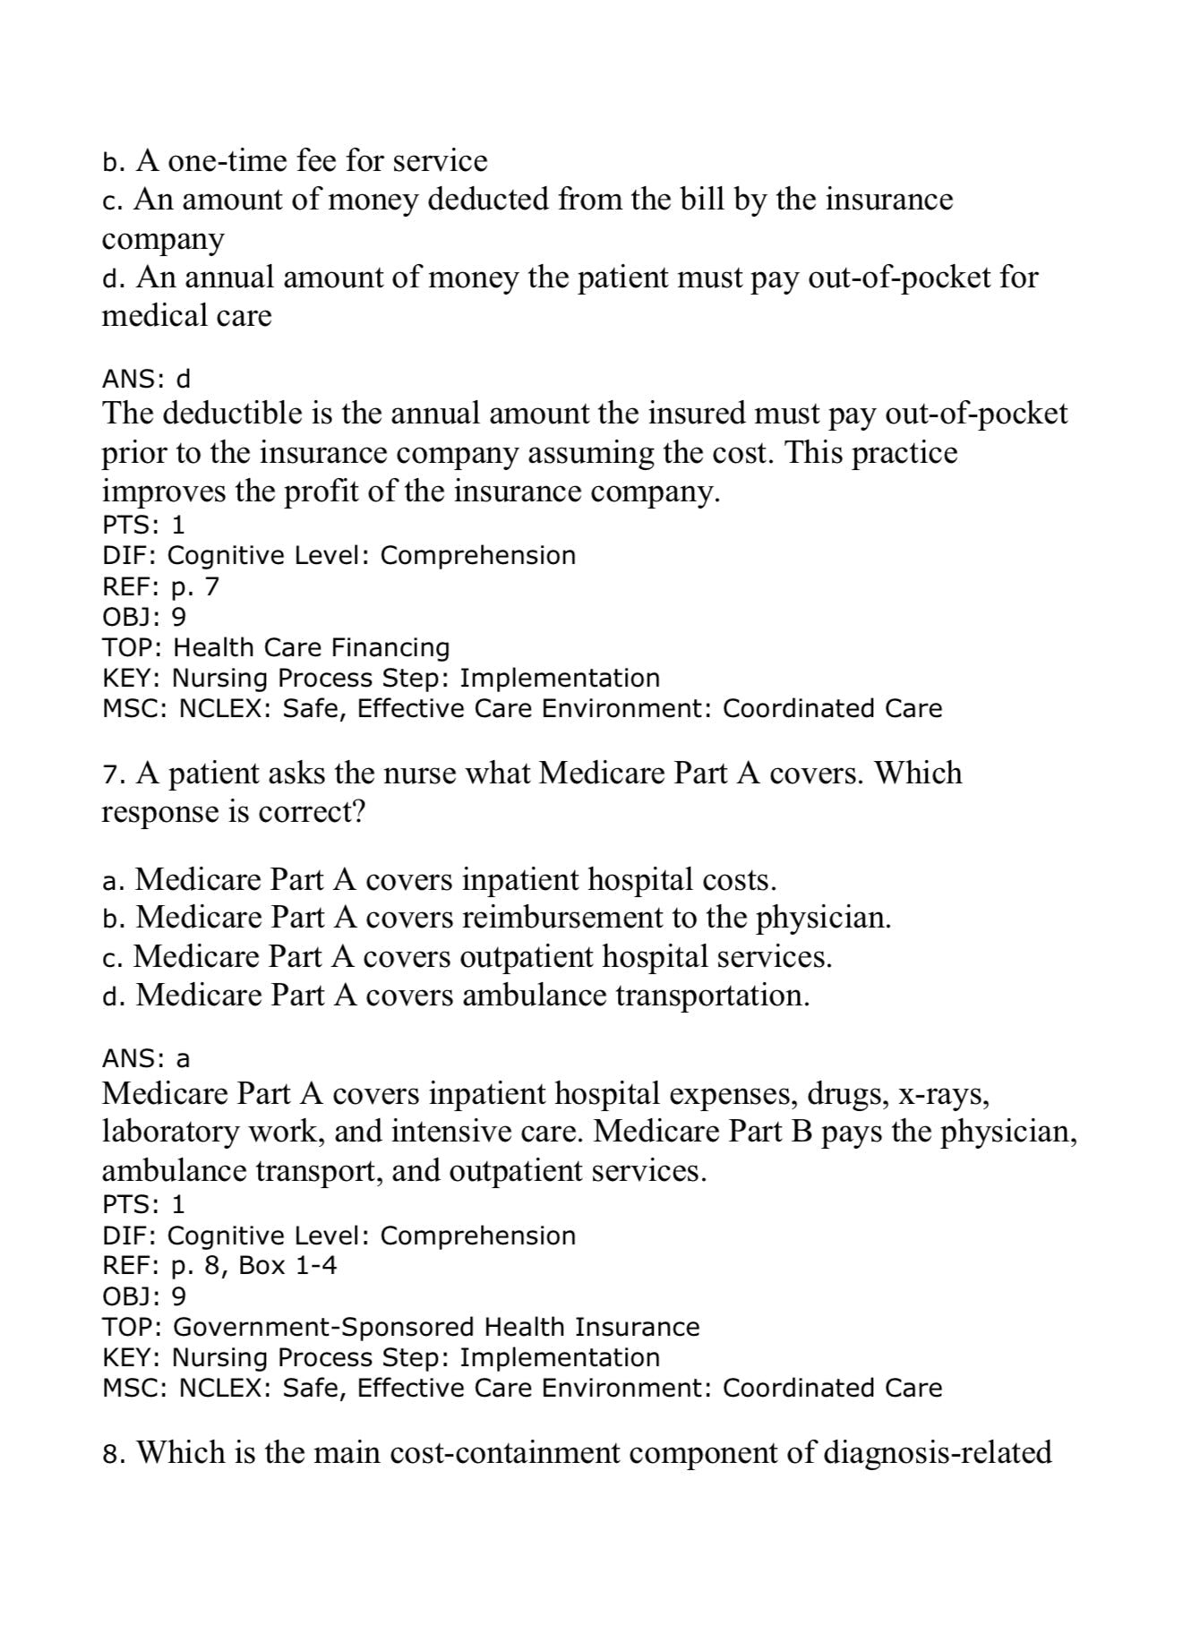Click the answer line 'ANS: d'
pos(146,380)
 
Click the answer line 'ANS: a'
pos(146,1059)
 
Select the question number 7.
pos(110,774)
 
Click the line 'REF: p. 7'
pos(160,586)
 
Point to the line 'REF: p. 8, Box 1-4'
pos(219,1266)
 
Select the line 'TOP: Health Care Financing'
pos(276,647)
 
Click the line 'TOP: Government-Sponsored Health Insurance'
pos(400,1327)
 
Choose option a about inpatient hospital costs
pos(439,879)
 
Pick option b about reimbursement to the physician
pos(496,918)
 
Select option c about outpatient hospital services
pos(467,957)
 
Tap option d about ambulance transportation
pos(456,995)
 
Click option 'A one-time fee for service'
pos(295,161)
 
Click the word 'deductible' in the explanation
pos(232,414)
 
